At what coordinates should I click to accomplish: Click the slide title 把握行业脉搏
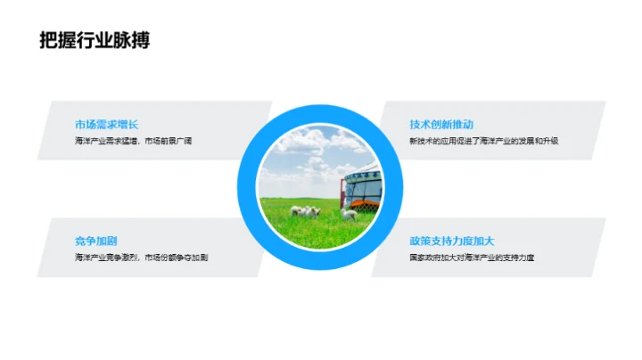(95, 40)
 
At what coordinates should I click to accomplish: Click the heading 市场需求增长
(107, 125)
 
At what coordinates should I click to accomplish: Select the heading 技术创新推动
(441, 125)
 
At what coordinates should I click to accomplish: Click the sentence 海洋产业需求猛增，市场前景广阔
(134, 142)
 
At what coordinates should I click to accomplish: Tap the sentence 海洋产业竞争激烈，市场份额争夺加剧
(141, 258)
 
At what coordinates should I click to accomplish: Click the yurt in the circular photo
(365, 187)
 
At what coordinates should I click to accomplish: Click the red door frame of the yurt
(343, 192)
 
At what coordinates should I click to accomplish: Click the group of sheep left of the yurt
(308, 212)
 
